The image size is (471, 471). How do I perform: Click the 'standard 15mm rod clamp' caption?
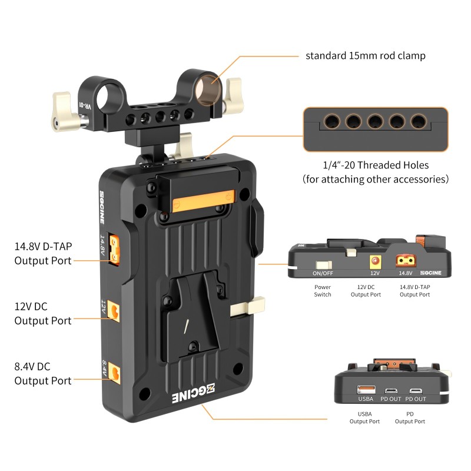[x=365, y=56]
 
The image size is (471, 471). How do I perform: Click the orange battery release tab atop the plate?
[x=203, y=203]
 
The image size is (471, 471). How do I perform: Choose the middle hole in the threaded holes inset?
[x=375, y=122]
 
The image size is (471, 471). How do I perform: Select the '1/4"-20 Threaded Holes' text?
[x=375, y=165]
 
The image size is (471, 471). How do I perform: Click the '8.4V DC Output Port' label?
[x=43, y=373]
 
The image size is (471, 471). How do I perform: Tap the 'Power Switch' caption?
[x=323, y=291]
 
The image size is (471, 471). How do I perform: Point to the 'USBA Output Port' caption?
[x=364, y=418]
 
